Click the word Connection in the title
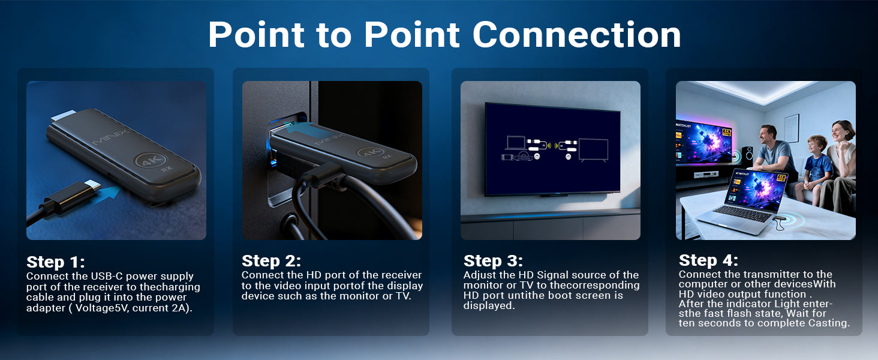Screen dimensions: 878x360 (576, 35)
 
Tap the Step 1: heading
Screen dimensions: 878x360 (55, 262)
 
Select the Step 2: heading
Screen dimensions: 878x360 (271, 261)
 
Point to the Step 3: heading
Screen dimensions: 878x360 (493, 261)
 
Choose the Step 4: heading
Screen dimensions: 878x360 (708, 260)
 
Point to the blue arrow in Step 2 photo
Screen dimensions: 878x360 (302, 128)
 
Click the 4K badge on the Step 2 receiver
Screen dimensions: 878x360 (371, 152)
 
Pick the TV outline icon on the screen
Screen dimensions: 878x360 (594, 150)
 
